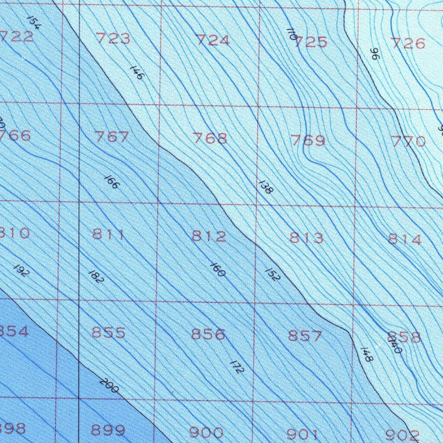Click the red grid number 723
point(113,39)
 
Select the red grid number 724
point(212,40)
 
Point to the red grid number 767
point(112,137)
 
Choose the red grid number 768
point(210,138)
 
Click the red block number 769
point(308,140)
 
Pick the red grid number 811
point(109,235)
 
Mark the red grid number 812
point(209,236)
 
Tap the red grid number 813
point(306,238)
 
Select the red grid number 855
point(108,333)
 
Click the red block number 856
point(208,334)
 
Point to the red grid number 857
point(305,336)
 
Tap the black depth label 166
point(112,182)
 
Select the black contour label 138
point(265,186)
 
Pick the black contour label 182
point(96,277)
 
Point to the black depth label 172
point(238,367)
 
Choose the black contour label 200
point(109,385)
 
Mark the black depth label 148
point(366,355)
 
